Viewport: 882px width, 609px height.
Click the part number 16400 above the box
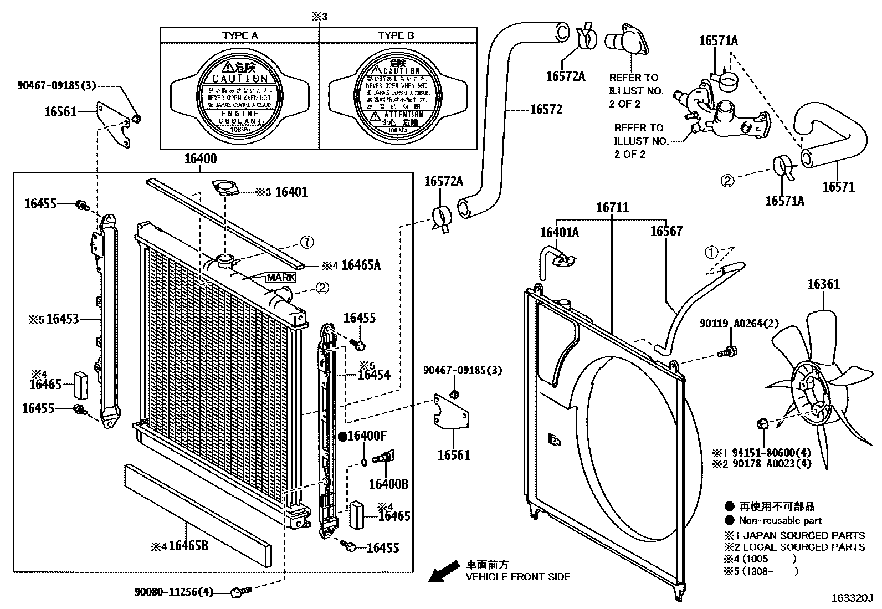point(201,159)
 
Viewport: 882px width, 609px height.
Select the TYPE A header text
point(240,35)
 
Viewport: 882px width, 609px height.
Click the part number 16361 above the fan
point(823,284)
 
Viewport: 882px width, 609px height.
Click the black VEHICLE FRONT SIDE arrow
point(444,571)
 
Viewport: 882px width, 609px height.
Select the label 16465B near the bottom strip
point(188,546)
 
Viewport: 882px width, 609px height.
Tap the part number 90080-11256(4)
point(173,592)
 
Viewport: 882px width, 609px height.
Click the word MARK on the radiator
point(281,277)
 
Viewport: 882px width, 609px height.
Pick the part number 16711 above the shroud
point(612,208)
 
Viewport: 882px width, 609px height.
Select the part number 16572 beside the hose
point(546,110)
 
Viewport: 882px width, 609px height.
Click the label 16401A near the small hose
point(559,233)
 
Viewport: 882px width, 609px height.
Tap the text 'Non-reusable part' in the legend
point(780,520)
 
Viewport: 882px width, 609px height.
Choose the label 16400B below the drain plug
point(388,484)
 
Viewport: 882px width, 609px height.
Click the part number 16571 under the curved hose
point(838,187)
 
